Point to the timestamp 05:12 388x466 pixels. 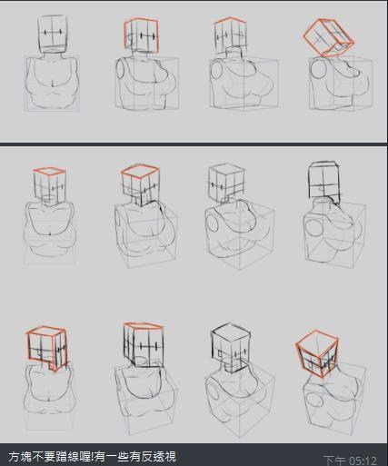pyautogui.click(x=362, y=461)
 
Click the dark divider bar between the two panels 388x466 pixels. pyautogui.click(x=194, y=144)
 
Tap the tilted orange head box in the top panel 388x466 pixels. pyautogui.click(x=329, y=38)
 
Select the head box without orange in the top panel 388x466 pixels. pyautogui.click(x=52, y=35)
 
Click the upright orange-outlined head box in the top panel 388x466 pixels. pyautogui.click(x=142, y=35)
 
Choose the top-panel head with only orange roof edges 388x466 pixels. pyautogui.click(x=230, y=36)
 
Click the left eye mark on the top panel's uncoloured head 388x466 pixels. pyautogui.click(x=45, y=33)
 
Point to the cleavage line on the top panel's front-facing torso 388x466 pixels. pyautogui.click(x=53, y=84)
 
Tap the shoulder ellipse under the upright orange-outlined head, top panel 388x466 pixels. pyautogui.click(x=121, y=69)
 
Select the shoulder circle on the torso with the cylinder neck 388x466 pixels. pyautogui.click(x=315, y=228)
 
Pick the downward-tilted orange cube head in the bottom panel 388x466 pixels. pyautogui.click(x=317, y=353)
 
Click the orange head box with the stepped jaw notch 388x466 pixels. pyautogui.click(x=46, y=348)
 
